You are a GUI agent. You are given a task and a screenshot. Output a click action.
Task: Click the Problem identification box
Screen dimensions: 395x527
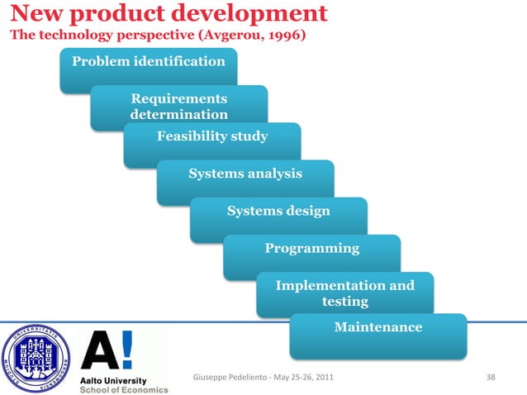(149, 62)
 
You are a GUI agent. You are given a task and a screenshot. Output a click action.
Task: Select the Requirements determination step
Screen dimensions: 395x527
(179, 107)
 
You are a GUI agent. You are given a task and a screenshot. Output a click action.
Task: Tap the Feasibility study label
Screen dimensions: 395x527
(212, 136)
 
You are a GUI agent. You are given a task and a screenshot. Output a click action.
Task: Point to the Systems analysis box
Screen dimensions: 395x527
(245, 174)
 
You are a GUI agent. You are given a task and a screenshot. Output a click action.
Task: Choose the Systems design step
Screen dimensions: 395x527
(278, 211)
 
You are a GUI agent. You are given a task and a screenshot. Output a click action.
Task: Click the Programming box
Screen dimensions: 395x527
(311, 248)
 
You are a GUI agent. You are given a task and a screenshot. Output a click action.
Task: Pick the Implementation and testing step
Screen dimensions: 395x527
(344, 293)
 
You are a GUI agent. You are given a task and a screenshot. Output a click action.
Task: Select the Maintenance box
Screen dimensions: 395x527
(377, 328)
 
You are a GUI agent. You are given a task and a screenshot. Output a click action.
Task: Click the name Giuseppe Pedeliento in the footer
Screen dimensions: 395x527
(226, 378)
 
